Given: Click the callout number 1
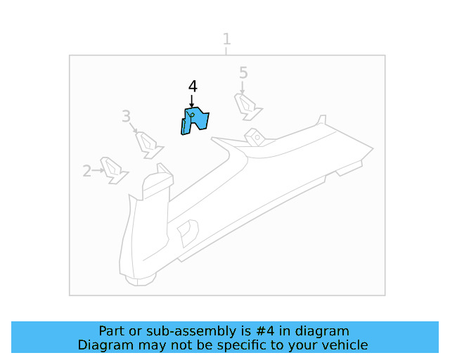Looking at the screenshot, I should [226, 38].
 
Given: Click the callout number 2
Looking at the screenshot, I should [87, 170].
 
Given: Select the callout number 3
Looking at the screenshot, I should [126, 116].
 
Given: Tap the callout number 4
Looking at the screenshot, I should [193, 86].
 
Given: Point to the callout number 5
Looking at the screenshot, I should [243, 72].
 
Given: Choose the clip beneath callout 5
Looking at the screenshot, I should [248, 106].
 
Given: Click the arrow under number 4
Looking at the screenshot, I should [192, 101].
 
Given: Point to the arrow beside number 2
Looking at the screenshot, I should [98, 169].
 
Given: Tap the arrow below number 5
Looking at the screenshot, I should [243, 87].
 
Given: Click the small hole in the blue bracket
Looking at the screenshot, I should [192, 116].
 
